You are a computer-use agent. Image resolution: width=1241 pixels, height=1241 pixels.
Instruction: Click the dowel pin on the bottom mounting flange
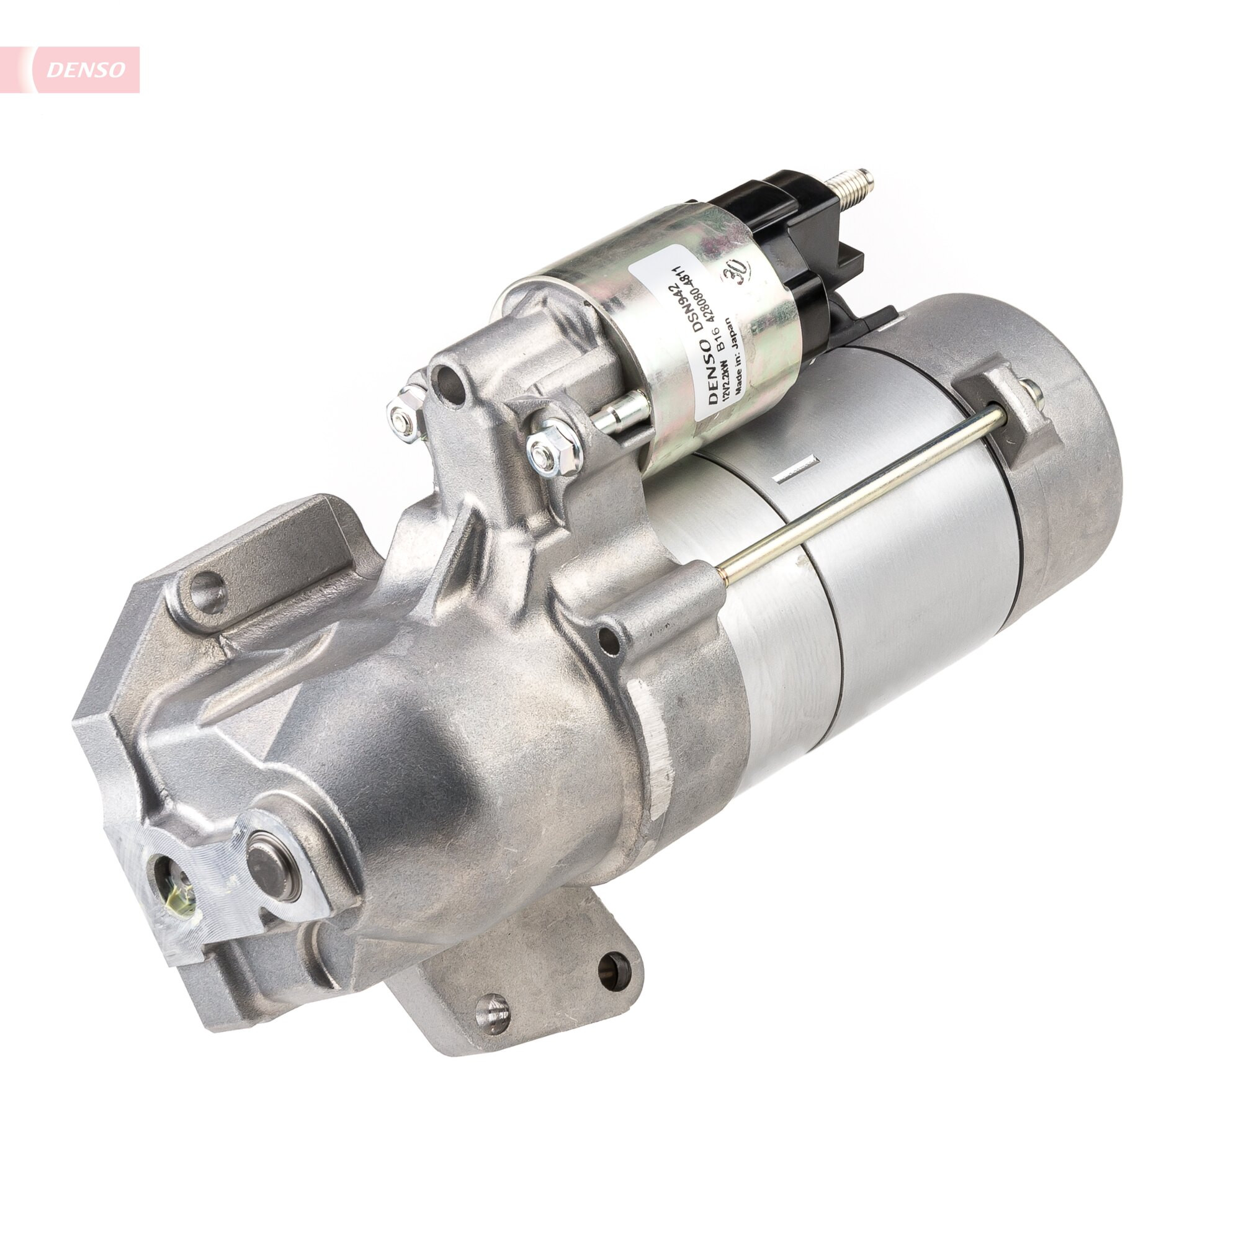[x=492, y=1013]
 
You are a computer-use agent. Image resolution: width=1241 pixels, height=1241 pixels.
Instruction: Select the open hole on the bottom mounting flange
[x=615, y=972]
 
